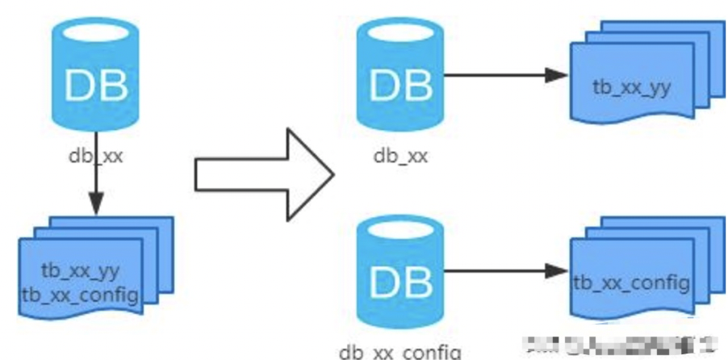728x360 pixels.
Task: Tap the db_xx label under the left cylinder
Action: tap(95, 154)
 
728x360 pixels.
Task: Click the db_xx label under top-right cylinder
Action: tap(400, 154)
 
